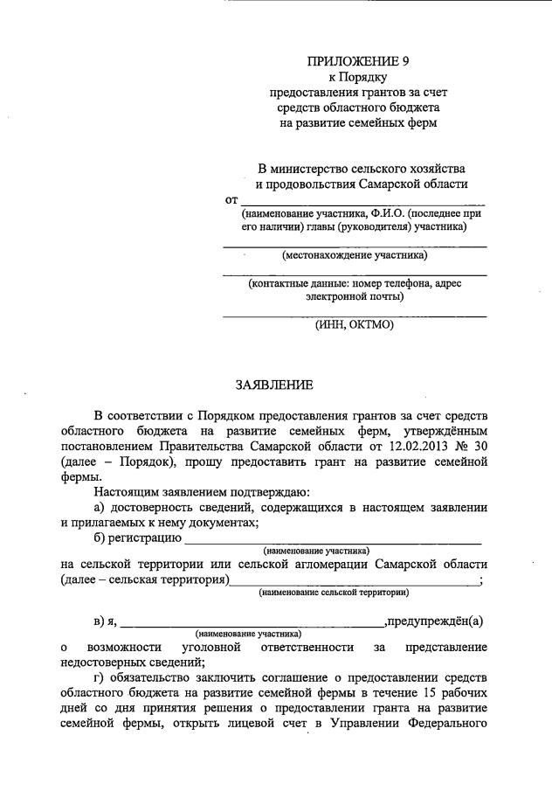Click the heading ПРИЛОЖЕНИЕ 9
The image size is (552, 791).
357,61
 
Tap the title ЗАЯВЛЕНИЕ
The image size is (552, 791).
274,385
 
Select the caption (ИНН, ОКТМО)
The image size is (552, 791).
355,324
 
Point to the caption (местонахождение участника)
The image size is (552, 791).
355,255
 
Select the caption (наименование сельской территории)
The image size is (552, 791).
335,593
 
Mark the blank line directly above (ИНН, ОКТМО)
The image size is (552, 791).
355,314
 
